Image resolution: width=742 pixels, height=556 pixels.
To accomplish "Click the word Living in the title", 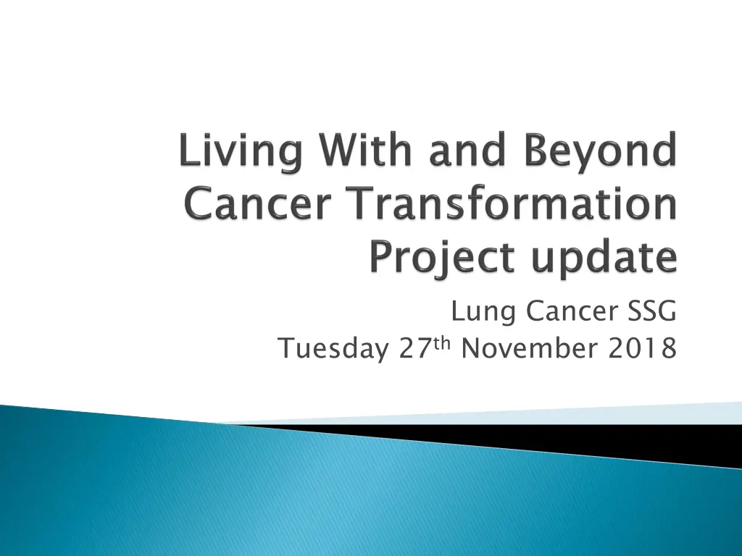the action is click(241, 152).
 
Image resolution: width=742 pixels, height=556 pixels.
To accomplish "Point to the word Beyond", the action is click(600, 152).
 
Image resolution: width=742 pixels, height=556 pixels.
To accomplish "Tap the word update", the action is click(604, 259).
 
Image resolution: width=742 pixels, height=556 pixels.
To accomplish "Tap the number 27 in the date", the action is click(415, 348).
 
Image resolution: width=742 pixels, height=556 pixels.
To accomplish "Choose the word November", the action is click(529, 348).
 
